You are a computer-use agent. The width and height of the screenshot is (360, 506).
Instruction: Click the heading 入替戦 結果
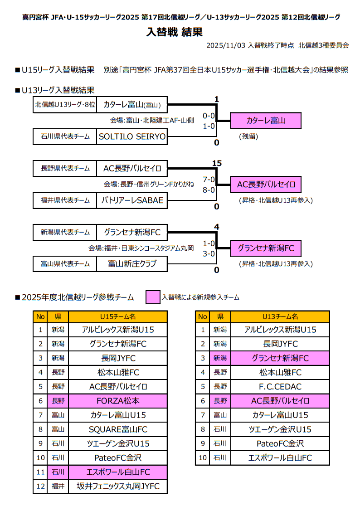pos(175,32)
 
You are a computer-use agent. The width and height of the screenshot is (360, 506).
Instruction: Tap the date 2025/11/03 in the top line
pos(225,45)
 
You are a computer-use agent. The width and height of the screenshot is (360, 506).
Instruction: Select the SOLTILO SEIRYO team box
pos(132,136)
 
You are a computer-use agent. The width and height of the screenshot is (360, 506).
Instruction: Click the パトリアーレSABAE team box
pos(132,200)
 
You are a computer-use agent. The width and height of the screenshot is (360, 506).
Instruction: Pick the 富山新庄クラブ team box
pos(132,263)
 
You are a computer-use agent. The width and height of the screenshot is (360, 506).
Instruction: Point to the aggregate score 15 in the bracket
pos(216,163)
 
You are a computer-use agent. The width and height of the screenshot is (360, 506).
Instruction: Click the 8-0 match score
pos(209,190)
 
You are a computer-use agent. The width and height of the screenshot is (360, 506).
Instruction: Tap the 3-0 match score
pos(209,253)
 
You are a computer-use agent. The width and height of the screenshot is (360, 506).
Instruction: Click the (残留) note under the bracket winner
pos(248,136)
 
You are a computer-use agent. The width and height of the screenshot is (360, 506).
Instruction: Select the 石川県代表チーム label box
pos(65,136)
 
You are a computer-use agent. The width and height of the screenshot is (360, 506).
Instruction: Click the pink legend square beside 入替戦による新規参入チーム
pos(153,297)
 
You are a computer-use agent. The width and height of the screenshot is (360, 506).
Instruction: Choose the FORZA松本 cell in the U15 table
pos(118,401)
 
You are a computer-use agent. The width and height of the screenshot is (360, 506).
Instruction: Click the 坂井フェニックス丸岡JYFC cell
pos(118,487)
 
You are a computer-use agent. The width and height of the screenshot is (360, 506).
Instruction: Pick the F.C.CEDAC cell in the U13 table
pos(280,387)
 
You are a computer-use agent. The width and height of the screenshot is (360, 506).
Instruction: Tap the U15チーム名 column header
pos(118,316)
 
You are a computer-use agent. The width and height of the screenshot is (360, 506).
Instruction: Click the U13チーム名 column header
pos(280,316)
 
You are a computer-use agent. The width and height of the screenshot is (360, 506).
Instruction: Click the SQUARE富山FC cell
pos(118,429)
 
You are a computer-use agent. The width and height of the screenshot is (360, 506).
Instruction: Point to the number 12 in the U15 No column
pos(40,487)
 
